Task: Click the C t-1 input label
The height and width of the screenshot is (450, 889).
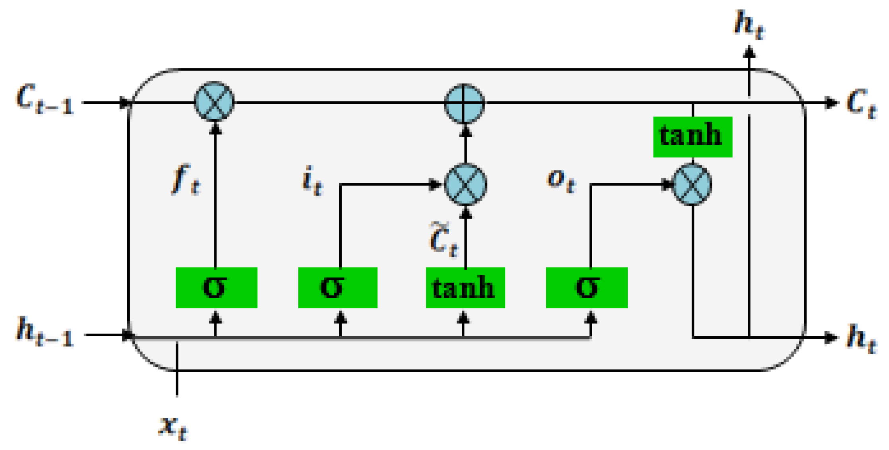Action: (45, 100)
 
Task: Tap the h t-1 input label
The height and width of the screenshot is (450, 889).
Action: (45, 332)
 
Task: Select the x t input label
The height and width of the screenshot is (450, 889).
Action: (173, 427)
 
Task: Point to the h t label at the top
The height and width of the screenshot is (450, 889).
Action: (749, 25)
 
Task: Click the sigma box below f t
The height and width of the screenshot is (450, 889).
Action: (216, 287)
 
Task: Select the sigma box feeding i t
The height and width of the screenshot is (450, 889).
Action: (338, 287)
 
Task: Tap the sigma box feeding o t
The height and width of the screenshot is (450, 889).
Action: (587, 287)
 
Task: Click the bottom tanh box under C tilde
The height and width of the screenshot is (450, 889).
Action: (465, 287)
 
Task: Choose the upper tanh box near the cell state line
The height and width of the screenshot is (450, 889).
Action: (693, 137)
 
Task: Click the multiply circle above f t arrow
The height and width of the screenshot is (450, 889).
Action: (214, 101)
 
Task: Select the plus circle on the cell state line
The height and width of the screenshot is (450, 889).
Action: (464, 103)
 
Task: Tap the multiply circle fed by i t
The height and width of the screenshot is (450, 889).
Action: (465, 184)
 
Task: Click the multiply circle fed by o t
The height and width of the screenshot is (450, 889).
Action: (692, 184)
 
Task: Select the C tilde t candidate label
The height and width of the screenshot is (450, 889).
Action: (444, 241)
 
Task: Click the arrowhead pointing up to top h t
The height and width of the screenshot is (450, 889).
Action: (749, 52)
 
